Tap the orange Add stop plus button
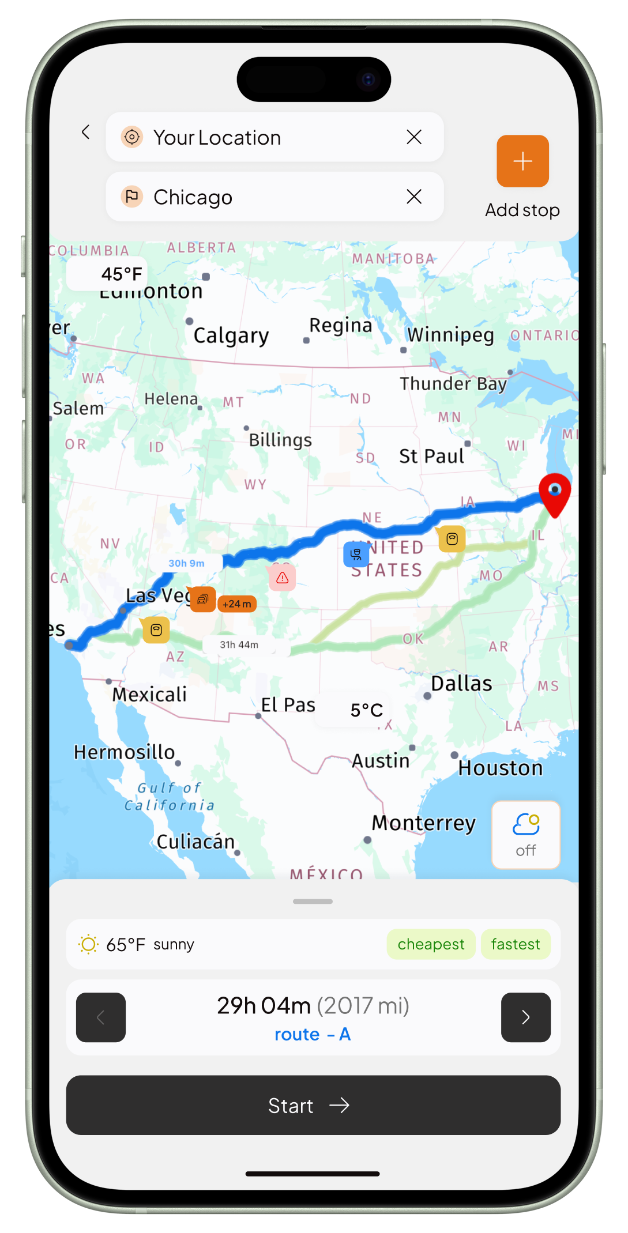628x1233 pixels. [x=522, y=161]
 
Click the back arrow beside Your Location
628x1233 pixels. [x=86, y=133]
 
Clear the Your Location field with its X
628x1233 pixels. [x=414, y=137]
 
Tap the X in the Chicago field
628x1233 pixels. [x=414, y=197]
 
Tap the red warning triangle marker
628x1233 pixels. [x=283, y=578]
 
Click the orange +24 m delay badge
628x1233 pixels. [x=237, y=604]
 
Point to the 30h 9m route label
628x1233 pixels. [x=186, y=563]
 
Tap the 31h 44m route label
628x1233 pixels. [x=239, y=644]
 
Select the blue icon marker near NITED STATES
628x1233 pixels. [x=356, y=555]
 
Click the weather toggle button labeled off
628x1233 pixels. [x=525, y=834]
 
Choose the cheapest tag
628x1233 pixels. [x=431, y=944]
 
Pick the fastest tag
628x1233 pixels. [x=516, y=944]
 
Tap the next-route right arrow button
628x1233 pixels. [x=525, y=1017]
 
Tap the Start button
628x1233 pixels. [x=313, y=1105]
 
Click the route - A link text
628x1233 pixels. [x=313, y=1035]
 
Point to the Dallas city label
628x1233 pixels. [x=461, y=684]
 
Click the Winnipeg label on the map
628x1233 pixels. [x=450, y=335]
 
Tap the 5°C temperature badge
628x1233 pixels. [x=367, y=710]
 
